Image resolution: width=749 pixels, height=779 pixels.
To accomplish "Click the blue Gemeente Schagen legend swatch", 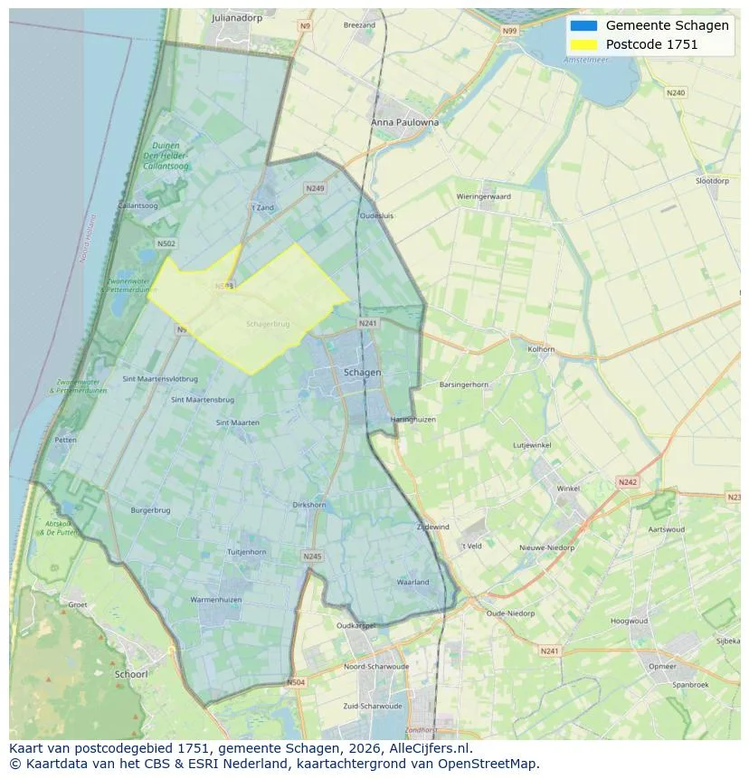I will click(x=583, y=25).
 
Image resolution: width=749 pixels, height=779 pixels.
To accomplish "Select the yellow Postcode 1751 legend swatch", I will click(x=583, y=44).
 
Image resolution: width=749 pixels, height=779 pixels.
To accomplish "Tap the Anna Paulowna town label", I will click(x=404, y=122).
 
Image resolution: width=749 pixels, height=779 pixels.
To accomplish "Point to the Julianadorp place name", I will click(x=236, y=17).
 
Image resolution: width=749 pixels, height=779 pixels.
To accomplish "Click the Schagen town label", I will click(x=362, y=372).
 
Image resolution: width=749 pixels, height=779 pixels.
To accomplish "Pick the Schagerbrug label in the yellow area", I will click(x=268, y=323).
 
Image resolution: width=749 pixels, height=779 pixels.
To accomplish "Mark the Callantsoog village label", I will click(x=137, y=206).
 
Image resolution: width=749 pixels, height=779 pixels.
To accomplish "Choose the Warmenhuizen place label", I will click(x=215, y=600).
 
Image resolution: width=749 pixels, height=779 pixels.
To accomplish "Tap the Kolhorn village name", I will click(x=540, y=348).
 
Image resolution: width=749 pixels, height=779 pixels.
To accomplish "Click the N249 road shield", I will click(x=315, y=188).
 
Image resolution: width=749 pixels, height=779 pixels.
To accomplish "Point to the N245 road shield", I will click(x=312, y=556).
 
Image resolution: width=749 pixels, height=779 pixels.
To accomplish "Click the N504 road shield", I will click(x=296, y=682).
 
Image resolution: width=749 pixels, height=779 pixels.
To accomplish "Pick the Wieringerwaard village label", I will click(x=483, y=196).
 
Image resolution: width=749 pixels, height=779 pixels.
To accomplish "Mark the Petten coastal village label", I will click(x=65, y=440).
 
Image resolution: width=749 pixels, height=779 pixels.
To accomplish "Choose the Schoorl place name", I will click(x=131, y=674).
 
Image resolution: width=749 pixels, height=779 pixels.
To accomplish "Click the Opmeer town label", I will click(x=662, y=666).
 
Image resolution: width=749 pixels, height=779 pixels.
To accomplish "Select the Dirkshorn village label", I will click(x=309, y=505).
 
